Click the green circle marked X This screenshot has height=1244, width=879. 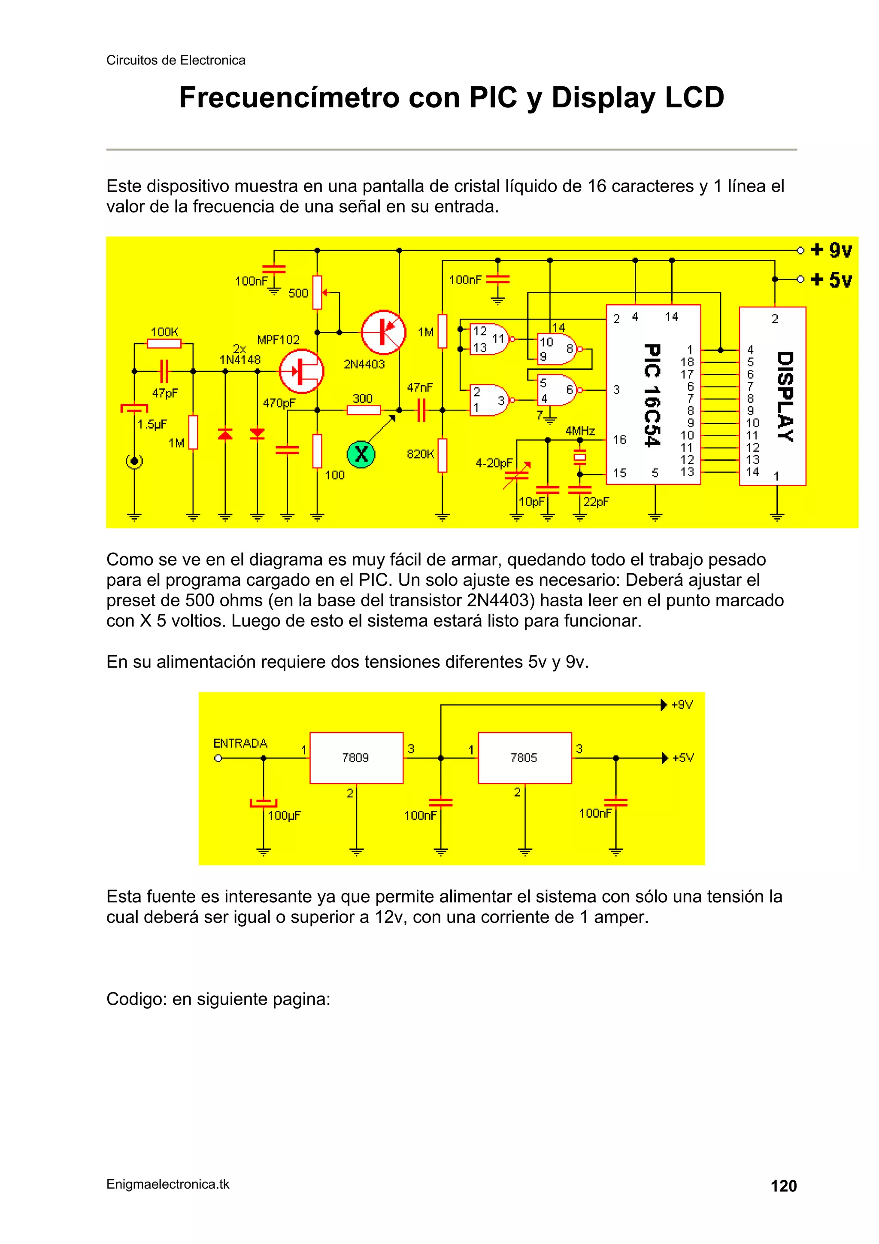pyautogui.click(x=361, y=453)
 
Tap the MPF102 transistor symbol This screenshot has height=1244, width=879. pyautogui.click(x=301, y=371)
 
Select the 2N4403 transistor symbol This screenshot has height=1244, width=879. pyautogui.click(x=383, y=332)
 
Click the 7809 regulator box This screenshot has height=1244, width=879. pyautogui.click(x=356, y=757)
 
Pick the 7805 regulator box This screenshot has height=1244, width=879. pyautogui.click(x=524, y=757)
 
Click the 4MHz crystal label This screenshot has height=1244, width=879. pyautogui.click(x=580, y=431)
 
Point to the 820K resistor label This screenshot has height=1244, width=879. pyautogui.click(x=420, y=454)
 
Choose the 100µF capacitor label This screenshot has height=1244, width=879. pyautogui.click(x=284, y=815)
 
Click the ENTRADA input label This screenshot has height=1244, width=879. pyautogui.click(x=240, y=743)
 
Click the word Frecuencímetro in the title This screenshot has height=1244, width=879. pyautogui.click(x=289, y=97)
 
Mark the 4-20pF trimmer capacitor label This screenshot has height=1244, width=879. pyautogui.click(x=494, y=463)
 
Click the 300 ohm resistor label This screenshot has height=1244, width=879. pyautogui.click(x=362, y=399)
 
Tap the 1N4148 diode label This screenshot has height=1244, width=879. pyautogui.click(x=240, y=360)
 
